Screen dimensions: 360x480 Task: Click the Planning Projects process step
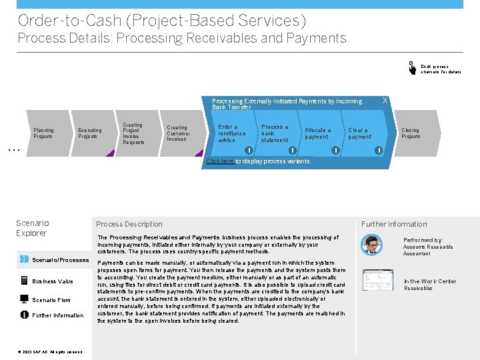tap(44, 133)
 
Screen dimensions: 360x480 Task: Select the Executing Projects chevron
tap(90, 134)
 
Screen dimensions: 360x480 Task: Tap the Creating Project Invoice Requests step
tap(133, 134)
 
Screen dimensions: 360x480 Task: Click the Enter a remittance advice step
tap(232, 133)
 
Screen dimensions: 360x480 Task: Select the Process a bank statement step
tap(275, 133)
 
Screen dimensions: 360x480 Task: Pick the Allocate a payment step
tap(317, 134)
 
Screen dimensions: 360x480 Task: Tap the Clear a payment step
tap(360, 134)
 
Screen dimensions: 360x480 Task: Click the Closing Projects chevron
tap(410, 134)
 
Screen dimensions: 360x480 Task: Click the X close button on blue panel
tap(384, 101)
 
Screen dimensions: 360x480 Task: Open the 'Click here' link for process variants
tap(220, 161)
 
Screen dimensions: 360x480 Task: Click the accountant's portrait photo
tap(371, 245)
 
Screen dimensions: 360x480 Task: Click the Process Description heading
tap(129, 224)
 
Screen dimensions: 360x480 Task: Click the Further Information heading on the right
tap(394, 224)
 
